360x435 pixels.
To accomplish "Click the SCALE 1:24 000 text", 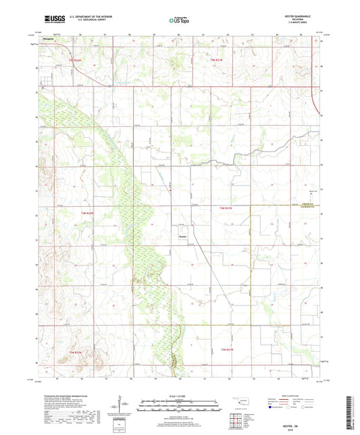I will pos(179,395).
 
